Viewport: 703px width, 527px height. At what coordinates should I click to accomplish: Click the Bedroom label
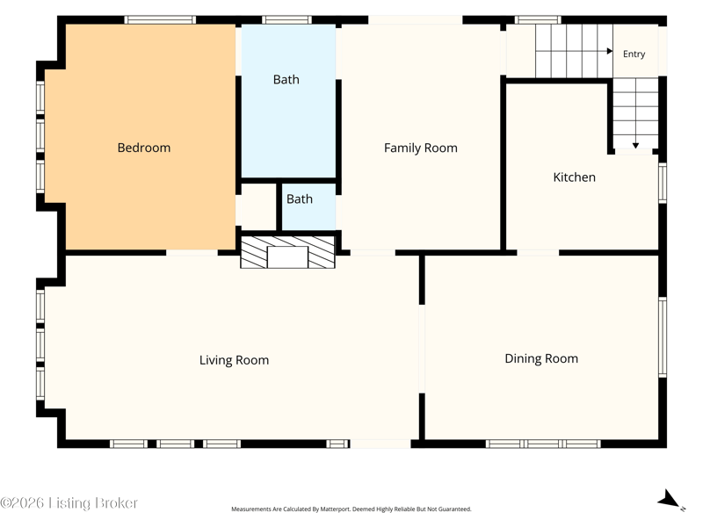click(144, 148)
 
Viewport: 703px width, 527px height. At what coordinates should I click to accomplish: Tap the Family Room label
click(421, 148)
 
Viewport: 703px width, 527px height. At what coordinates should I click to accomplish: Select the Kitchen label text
click(575, 177)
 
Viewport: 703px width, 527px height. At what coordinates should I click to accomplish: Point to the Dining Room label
click(541, 359)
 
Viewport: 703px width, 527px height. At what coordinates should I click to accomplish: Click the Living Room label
click(234, 360)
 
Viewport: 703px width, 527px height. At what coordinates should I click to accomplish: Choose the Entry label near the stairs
click(634, 54)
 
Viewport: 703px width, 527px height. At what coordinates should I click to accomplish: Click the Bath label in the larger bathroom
click(286, 79)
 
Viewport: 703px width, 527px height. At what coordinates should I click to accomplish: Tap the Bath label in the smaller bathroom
click(300, 199)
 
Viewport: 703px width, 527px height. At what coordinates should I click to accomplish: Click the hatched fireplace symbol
click(287, 252)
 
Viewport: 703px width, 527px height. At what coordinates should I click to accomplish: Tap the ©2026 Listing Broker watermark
click(69, 502)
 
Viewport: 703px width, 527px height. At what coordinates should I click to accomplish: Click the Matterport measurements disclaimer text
click(351, 509)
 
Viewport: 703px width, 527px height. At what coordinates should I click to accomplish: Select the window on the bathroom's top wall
click(287, 19)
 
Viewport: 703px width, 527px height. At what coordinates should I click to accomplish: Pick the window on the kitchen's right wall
click(663, 183)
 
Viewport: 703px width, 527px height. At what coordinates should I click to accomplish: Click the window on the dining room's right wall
click(663, 337)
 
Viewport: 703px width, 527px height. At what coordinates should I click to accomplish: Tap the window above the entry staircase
click(538, 19)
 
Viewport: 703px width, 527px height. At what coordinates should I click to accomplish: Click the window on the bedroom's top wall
click(160, 19)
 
